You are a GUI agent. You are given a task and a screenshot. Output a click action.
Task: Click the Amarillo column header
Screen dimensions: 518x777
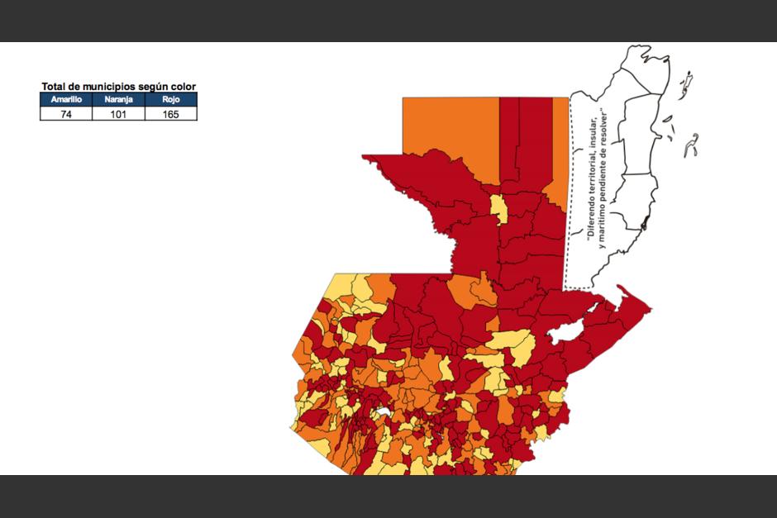pyautogui.click(x=66, y=99)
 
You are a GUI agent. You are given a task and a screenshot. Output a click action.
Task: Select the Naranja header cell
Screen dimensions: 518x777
pyautogui.click(x=118, y=99)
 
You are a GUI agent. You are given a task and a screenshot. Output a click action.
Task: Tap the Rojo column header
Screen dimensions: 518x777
pyautogui.click(x=170, y=99)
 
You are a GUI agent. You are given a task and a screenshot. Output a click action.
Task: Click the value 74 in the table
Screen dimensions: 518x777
pyautogui.click(x=66, y=114)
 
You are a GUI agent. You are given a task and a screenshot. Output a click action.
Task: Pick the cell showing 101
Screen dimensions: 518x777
pyautogui.click(x=118, y=114)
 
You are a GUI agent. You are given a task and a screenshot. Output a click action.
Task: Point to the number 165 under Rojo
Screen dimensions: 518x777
pyautogui.click(x=170, y=114)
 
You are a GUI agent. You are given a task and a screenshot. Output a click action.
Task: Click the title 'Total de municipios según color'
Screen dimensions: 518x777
pyautogui.click(x=118, y=87)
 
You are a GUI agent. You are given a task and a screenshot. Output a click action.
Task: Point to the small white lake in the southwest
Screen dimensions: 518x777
pyautogui.click(x=380, y=411)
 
